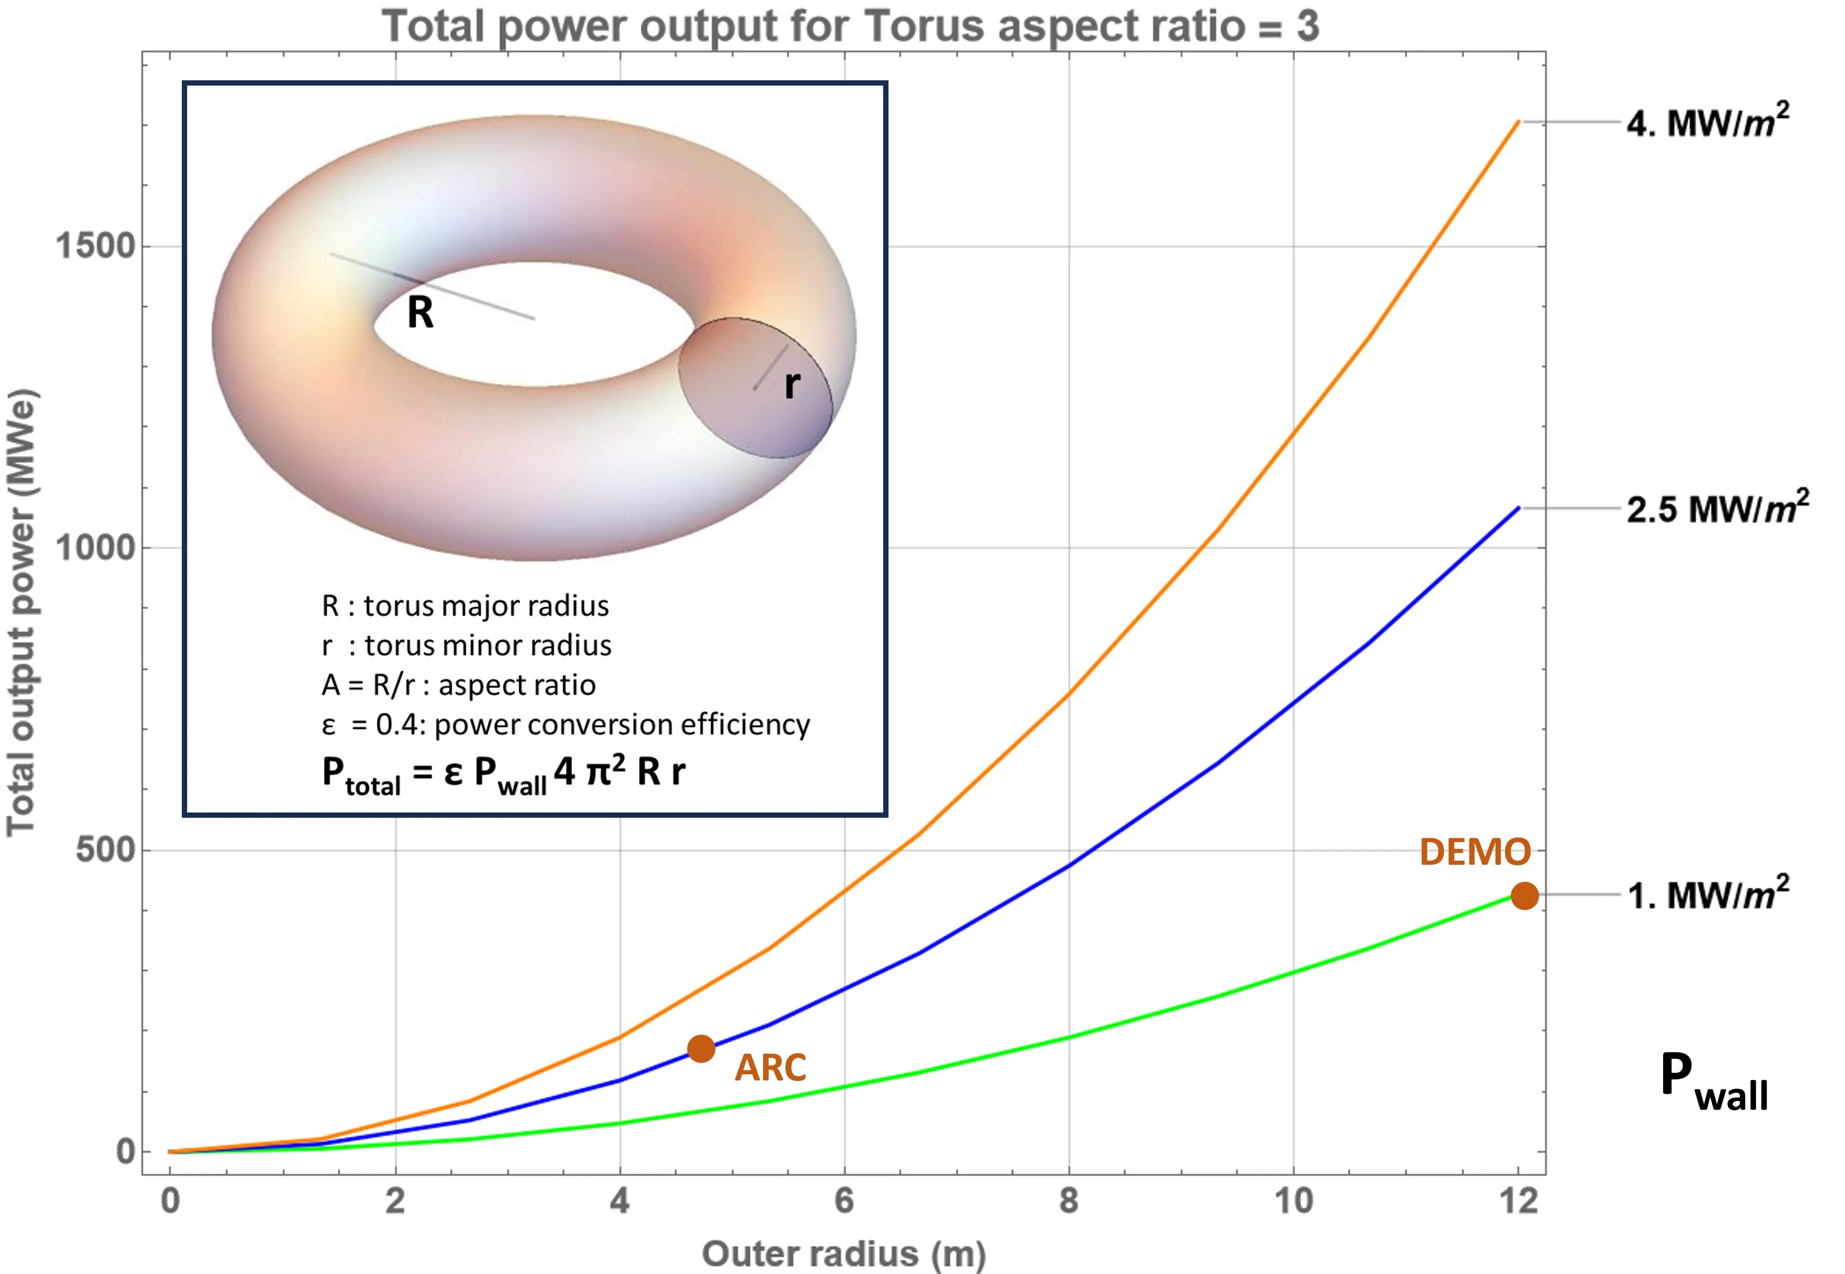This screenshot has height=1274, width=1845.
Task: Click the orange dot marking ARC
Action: pyautogui.click(x=701, y=1048)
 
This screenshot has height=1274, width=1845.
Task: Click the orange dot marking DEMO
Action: pyautogui.click(x=1524, y=896)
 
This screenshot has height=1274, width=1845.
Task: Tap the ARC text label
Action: pyautogui.click(x=770, y=1068)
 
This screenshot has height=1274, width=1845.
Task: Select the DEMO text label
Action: pyautogui.click(x=1474, y=852)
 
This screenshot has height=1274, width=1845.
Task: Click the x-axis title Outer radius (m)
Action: pyautogui.click(x=843, y=1254)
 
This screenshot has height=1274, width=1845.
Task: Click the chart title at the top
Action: pyautogui.click(x=850, y=26)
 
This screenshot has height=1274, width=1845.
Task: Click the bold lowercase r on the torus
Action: pyautogui.click(x=792, y=385)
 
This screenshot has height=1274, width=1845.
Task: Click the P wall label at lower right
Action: pyautogui.click(x=1713, y=1083)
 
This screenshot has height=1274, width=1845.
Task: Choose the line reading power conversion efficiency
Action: pyautogui.click(x=566, y=725)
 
